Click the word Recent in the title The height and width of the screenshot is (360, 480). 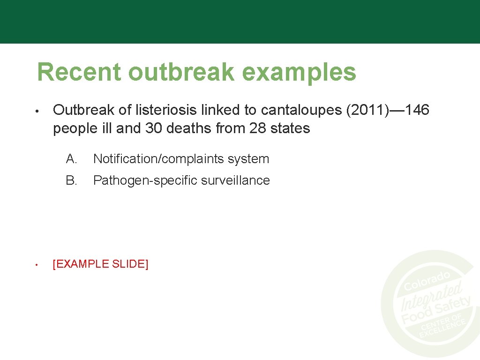tap(79, 72)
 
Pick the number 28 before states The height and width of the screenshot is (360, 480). tap(257, 128)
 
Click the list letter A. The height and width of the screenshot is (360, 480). tap(72, 159)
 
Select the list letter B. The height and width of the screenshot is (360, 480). tap(72, 180)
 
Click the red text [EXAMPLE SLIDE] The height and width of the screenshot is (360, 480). tap(101, 264)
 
